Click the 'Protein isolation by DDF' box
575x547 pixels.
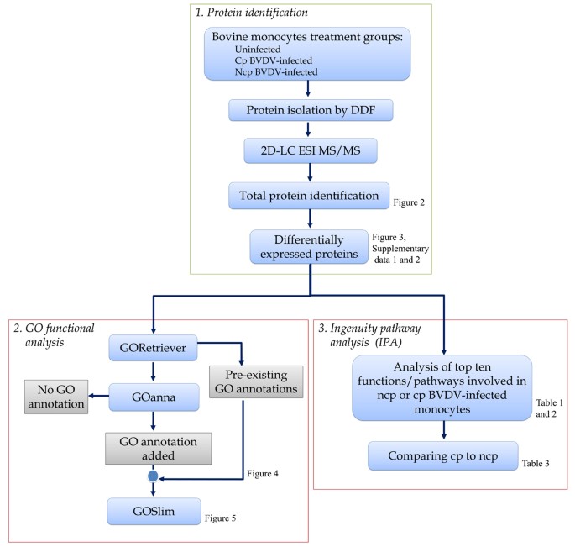click(311, 109)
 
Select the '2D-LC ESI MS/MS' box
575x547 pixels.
click(311, 151)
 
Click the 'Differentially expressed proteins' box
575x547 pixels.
click(310, 245)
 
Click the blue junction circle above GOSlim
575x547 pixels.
click(153, 475)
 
